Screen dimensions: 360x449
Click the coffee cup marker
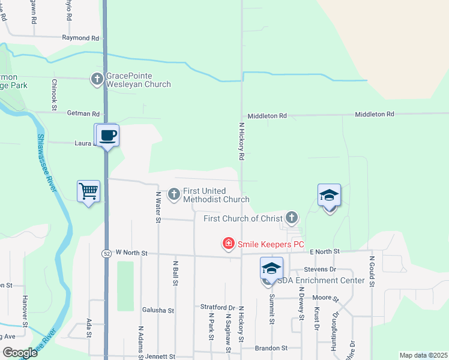pyautogui.click(x=108, y=135)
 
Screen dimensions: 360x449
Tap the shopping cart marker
pyautogui.click(x=89, y=191)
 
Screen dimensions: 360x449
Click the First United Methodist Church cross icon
pyautogui.click(x=174, y=194)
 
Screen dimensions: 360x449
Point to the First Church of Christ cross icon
pyautogui.click(x=292, y=217)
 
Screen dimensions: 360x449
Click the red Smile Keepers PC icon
pyautogui.click(x=228, y=244)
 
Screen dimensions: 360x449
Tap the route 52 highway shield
pyautogui.click(x=105, y=253)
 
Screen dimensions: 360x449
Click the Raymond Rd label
pyautogui.click(x=80, y=38)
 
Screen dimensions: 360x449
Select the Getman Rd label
pyautogui.click(x=83, y=113)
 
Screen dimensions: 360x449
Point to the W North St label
pyautogui.click(x=131, y=253)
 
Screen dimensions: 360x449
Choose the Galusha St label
pyautogui.click(x=158, y=310)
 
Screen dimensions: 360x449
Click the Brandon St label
pyautogui.click(x=271, y=348)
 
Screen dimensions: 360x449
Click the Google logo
pyautogui.click(x=20, y=353)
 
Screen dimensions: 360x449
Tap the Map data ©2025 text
pyautogui.click(x=423, y=355)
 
